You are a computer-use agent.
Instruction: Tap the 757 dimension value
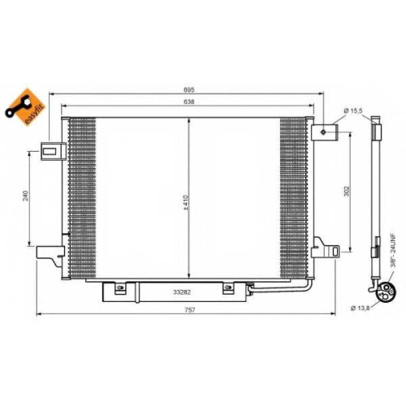point(190,310)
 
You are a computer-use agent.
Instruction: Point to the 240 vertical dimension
point(25,196)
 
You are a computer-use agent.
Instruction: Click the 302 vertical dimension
point(348,191)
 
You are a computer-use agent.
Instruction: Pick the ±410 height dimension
point(186,203)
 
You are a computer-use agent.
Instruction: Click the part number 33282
point(182,292)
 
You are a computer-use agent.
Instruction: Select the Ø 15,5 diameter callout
point(353,110)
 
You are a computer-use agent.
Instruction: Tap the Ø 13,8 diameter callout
point(361,308)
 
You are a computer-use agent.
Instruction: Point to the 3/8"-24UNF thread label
point(393,251)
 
